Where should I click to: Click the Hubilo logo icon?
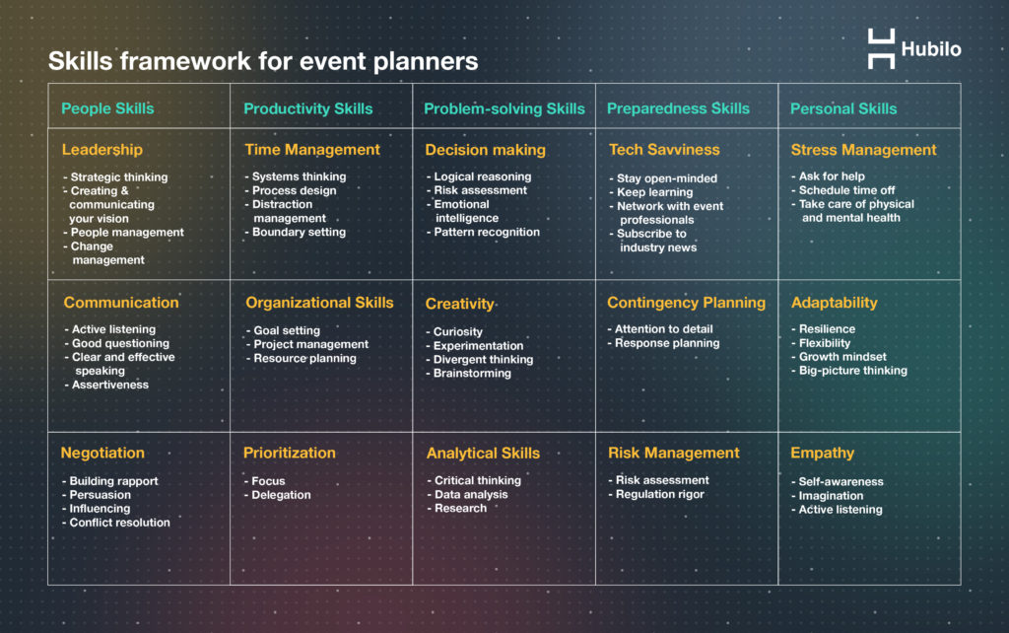(881, 48)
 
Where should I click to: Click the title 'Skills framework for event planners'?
(263, 61)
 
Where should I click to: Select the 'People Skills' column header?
(107, 108)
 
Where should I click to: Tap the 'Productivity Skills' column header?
(308, 108)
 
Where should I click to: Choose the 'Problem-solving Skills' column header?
(504, 108)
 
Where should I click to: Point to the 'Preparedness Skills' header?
(678, 108)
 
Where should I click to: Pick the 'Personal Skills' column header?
(843, 108)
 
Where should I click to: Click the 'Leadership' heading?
(101, 150)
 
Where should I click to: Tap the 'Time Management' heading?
(312, 150)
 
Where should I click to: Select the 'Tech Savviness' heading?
(664, 150)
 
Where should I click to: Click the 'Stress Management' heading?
(863, 150)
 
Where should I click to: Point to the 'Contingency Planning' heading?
(686, 303)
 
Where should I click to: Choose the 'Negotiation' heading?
(102, 453)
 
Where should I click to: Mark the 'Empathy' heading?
(822, 453)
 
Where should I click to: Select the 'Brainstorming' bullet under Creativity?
(472, 374)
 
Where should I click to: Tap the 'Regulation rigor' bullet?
(659, 494)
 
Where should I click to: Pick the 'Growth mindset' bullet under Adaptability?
(842, 357)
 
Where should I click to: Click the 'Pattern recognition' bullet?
(487, 233)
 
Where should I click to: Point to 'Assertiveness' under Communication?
(109, 385)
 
